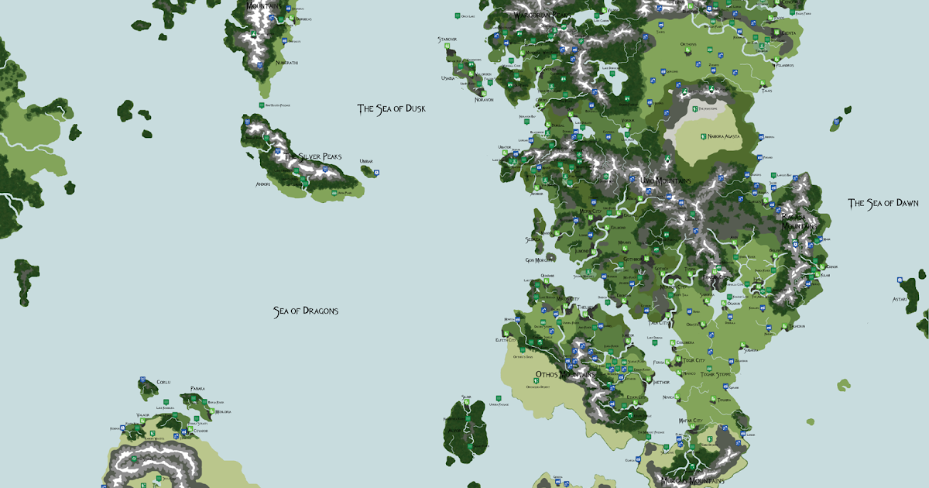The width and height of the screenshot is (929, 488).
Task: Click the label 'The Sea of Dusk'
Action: click(391, 108)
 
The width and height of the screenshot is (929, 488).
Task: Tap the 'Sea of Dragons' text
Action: click(305, 311)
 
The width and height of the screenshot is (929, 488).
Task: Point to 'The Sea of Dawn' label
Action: click(883, 203)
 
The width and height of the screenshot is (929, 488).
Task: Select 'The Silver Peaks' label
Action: click(312, 156)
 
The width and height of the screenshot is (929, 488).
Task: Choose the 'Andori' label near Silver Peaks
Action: click(262, 184)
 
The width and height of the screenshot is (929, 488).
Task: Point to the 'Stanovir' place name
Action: click(447, 39)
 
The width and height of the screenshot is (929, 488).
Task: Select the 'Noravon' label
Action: click(484, 99)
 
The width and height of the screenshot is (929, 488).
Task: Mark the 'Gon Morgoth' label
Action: click(540, 260)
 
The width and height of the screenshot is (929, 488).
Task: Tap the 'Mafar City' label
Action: click(690, 421)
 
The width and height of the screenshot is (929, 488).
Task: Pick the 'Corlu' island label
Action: click(163, 383)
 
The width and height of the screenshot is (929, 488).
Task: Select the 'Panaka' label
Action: click(197, 388)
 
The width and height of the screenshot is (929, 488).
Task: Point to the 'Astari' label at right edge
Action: click(899, 298)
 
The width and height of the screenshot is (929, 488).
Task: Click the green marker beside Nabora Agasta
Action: click(703, 136)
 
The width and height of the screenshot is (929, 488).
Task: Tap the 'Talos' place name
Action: click(766, 91)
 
